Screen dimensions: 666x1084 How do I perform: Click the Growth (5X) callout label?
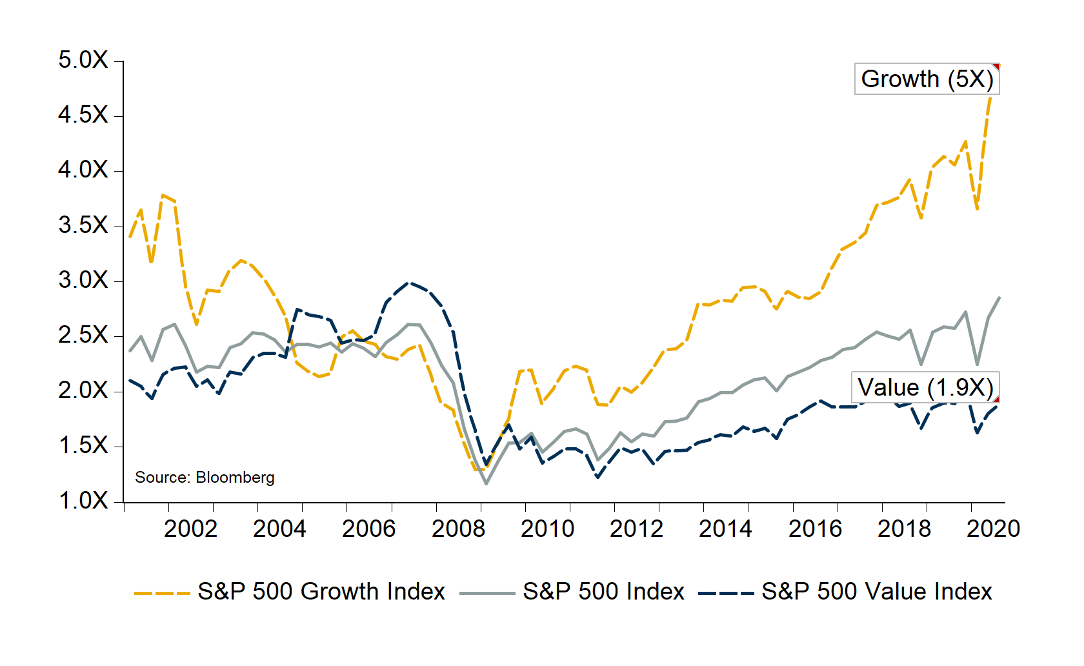click(927, 79)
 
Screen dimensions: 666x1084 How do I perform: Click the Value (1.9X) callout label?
click(925, 388)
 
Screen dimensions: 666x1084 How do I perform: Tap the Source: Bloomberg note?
click(205, 478)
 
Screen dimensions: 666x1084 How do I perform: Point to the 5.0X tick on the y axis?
click(83, 61)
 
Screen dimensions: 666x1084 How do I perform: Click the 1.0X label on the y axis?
click(83, 501)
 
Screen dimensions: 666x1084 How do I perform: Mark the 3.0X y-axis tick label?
click(83, 281)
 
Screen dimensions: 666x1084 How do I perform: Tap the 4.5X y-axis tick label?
click(83, 116)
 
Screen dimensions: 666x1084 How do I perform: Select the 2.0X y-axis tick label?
click(83, 390)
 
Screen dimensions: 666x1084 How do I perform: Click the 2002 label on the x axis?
click(190, 529)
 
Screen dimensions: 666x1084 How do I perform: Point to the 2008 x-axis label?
click(458, 529)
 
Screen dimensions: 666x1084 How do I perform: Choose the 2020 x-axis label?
click(993, 529)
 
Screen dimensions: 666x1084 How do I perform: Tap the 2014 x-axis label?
click(725, 529)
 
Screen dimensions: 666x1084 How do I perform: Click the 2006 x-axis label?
click(368, 529)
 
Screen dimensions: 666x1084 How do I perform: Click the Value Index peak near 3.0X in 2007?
click(408, 283)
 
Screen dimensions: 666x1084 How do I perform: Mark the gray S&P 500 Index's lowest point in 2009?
click(486, 483)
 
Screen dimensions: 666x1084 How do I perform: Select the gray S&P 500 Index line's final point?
click(999, 298)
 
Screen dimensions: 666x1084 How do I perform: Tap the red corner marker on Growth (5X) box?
click(996, 66)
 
